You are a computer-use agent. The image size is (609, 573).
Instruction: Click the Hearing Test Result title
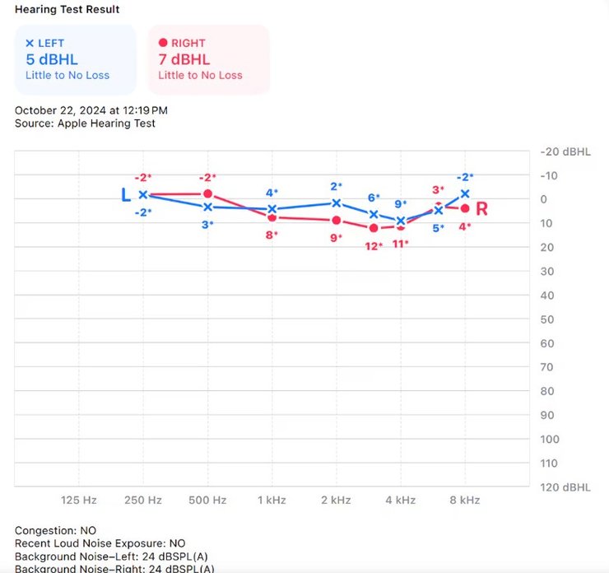(x=67, y=10)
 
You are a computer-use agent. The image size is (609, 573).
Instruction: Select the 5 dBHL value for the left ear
(x=52, y=59)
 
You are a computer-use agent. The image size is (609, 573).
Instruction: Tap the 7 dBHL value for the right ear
(x=184, y=59)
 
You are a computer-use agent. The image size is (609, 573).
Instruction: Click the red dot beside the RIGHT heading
(x=162, y=43)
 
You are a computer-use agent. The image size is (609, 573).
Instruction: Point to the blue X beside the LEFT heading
(x=30, y=43)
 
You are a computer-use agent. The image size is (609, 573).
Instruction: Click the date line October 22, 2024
(x=91, y=109)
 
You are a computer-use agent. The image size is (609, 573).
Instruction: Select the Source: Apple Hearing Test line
(x=85, y=123)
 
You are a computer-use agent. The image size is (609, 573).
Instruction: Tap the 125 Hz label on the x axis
(x=79, y=500)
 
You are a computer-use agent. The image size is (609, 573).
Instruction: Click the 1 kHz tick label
(x=272, y=500)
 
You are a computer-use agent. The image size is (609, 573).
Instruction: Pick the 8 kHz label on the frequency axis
(x=465, y=500)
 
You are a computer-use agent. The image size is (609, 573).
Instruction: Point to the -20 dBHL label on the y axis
(x=565, y=152)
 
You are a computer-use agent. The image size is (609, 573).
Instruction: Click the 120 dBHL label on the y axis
(x=565, y=487)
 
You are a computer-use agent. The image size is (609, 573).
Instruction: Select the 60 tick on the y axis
(x=546, y=343)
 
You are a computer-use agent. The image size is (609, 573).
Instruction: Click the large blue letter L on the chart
(x=126, y=195)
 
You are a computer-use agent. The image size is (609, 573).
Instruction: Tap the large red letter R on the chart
(x=481, y=209)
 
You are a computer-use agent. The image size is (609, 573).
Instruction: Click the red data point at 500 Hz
(x=207, y=193)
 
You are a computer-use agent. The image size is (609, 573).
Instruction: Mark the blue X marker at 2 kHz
(x=336, y=203)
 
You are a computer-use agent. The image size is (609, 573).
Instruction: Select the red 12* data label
(x=374, y=245)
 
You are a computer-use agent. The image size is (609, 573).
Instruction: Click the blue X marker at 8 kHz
(x=465, y=193)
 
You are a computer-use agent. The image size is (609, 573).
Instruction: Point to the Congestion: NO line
(x=55, y=530)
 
